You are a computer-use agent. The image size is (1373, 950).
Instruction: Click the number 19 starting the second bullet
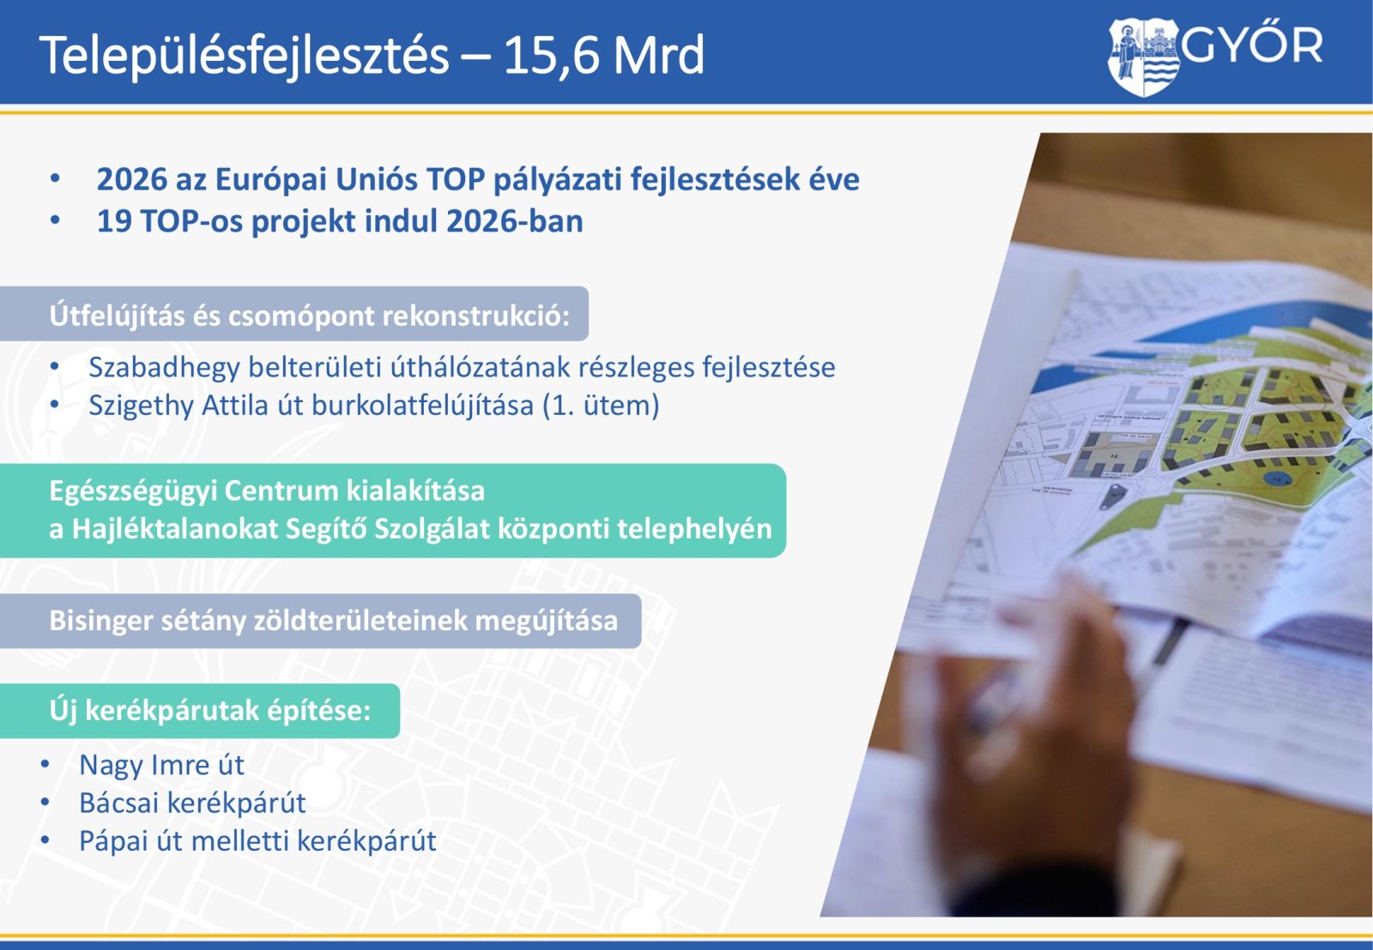[115, 221]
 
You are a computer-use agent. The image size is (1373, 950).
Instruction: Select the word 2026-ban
[515, 221]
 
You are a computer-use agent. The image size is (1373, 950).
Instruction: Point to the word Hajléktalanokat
[175, 529]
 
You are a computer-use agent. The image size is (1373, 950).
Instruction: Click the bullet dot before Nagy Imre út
[45, 765]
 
